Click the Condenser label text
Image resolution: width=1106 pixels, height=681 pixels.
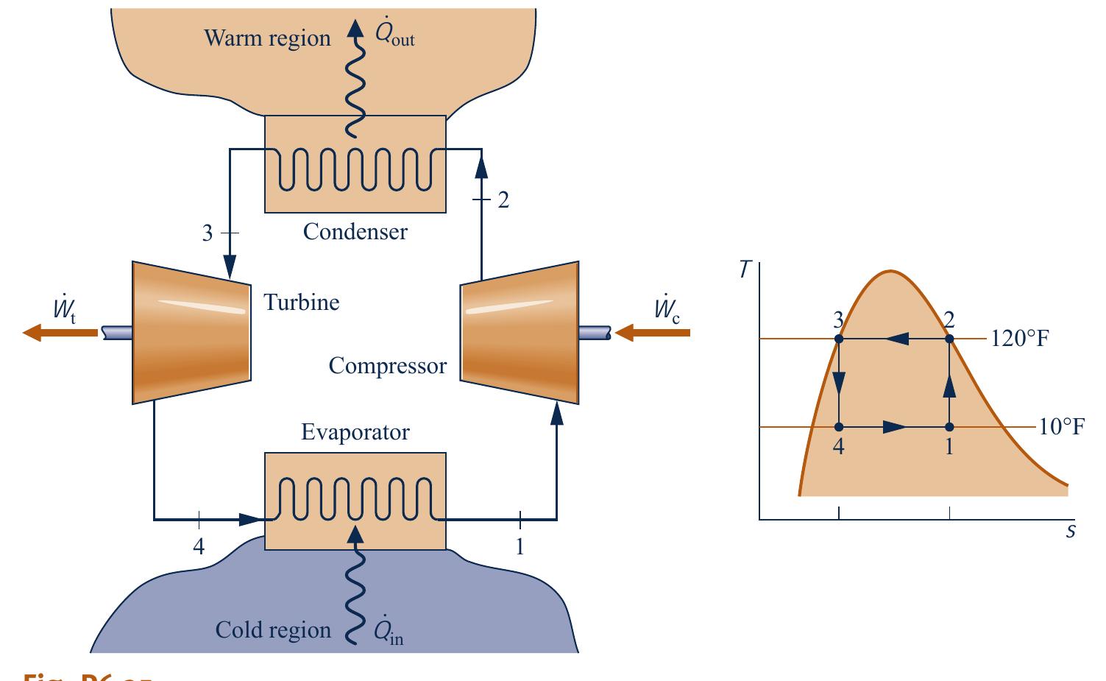point(355,232)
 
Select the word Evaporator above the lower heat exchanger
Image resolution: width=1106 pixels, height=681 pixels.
point(355,432)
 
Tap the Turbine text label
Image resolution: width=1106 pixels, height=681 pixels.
point(302,303)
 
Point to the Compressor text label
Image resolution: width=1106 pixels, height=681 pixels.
point(387,366)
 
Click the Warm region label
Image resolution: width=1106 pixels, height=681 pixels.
point(267,38)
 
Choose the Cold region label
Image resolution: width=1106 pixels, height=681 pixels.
point(273,630)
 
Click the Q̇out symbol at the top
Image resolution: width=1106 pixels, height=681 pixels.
point(394,35)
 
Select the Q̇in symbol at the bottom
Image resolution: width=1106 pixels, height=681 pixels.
point(388,632)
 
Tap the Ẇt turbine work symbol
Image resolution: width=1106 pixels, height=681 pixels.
point(64,311)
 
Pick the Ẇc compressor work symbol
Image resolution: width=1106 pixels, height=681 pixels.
point(667,311)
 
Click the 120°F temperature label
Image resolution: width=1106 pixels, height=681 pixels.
point(1019,339)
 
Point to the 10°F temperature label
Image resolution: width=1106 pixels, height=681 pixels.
point(1061,427)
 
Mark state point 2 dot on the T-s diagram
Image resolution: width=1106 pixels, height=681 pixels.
point(949,339)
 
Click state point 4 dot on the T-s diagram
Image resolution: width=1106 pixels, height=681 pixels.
point(839,427)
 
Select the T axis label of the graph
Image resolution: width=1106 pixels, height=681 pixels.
point(745,270)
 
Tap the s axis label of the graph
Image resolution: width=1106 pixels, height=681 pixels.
point(1071,531)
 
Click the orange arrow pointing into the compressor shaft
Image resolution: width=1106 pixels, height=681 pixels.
point(652,333)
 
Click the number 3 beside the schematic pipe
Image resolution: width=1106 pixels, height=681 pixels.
point(208,233)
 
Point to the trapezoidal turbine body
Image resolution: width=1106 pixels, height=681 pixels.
point(191,332)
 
